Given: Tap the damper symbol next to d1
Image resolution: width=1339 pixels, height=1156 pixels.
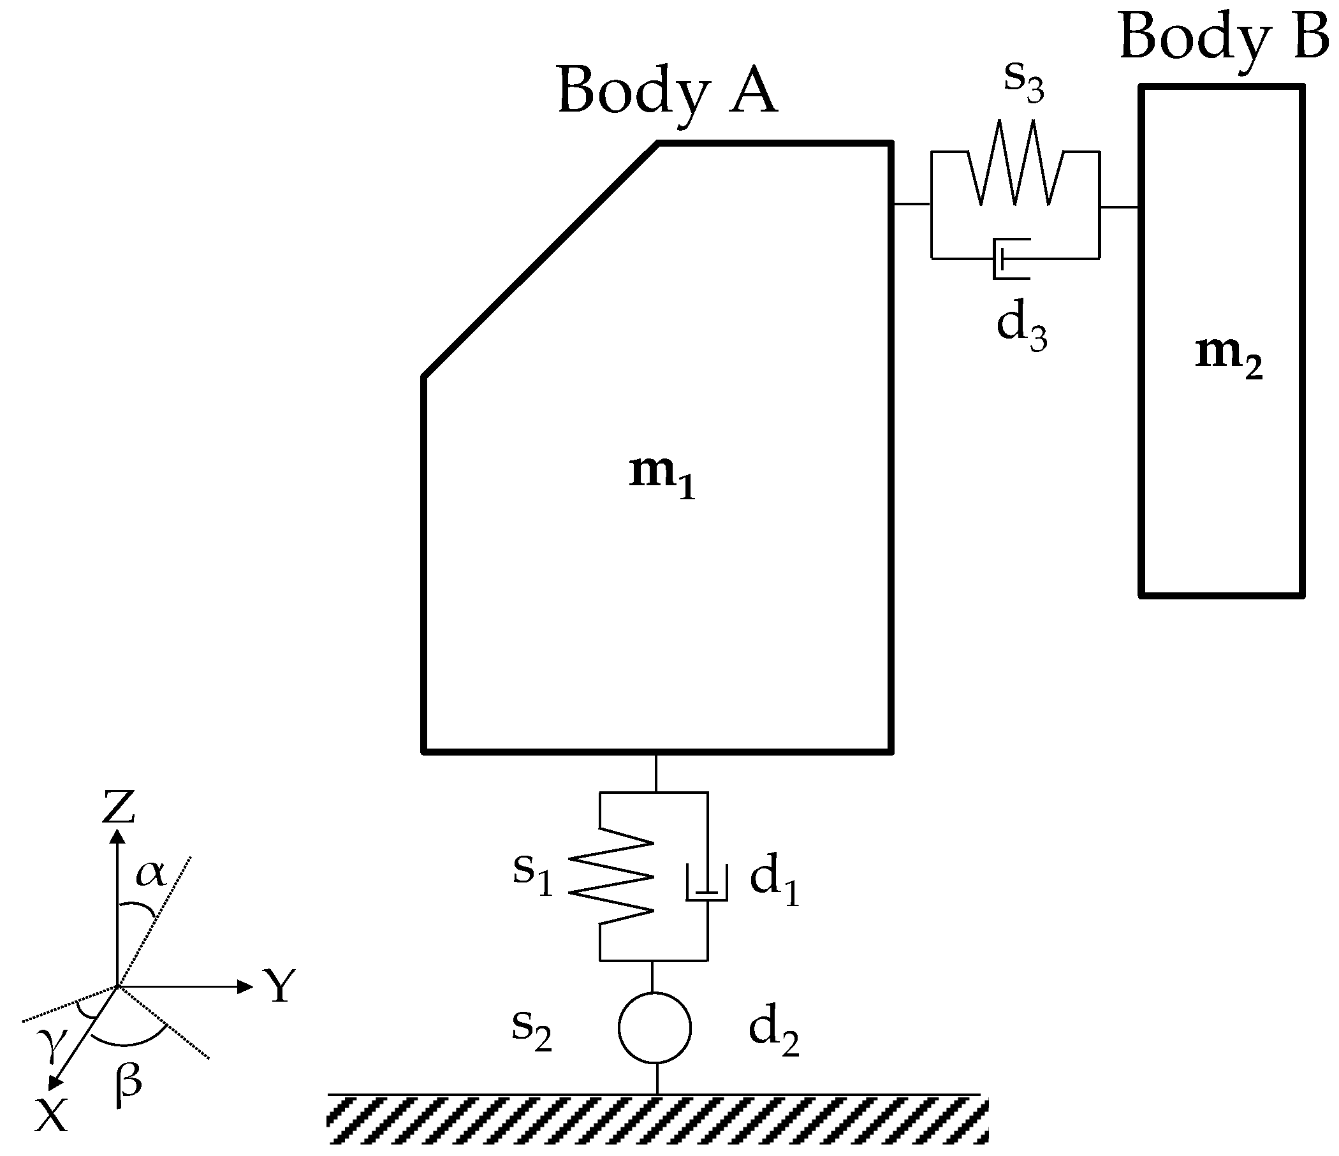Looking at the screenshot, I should click(x=707, y=884).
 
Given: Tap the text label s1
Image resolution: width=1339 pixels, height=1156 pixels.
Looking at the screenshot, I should click(x=532, y=873).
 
